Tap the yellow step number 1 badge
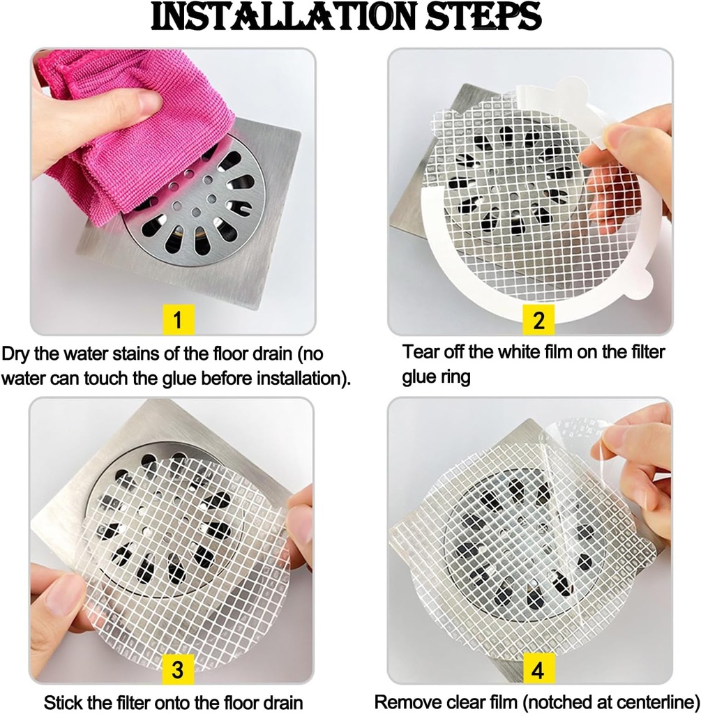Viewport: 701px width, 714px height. [x=178, y=320]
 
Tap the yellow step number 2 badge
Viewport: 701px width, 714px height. [x=538, y=320]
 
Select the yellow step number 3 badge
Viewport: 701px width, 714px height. [x=178, y=669]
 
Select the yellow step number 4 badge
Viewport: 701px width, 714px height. [x=538, y=670]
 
